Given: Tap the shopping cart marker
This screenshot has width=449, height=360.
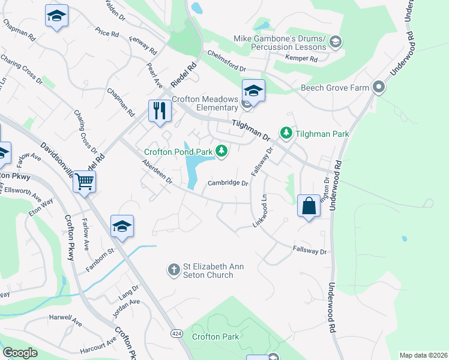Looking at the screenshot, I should click(x=85, y=180).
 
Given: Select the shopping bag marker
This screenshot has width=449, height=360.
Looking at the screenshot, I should click(x=309, y=206).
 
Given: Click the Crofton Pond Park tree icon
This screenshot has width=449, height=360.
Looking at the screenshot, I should click(x=222, y=151).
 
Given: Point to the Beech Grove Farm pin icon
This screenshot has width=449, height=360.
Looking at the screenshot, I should click(x=379, y=88).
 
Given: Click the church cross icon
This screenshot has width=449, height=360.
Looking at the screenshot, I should click(x=174, y=269).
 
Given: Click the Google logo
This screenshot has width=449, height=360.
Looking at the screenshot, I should click(x=20, y=353).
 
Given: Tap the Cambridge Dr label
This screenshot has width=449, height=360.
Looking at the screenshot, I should click(x=228, y=184).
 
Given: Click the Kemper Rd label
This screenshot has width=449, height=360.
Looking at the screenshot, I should click(x=303, y=59).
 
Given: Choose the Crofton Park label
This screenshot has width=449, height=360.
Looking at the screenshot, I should click(x=215, y=337).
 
